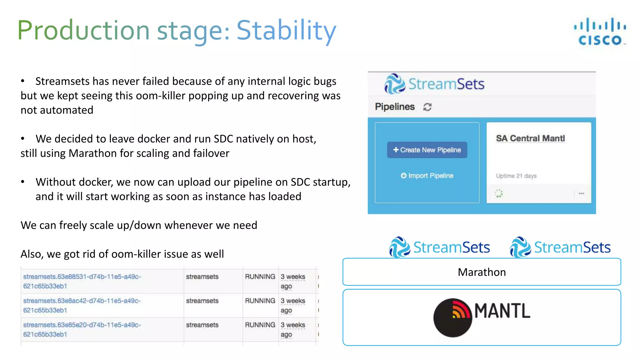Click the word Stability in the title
(286, 30)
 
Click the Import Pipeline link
(427, 176)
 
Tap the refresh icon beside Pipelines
(427, 107)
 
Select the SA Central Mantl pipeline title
(530, 138)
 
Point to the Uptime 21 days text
(516, 176)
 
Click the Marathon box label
(482, 272)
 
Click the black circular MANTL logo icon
(452, 318)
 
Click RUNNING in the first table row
(260, 277)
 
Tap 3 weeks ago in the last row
(292, 329)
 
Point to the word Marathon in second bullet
(92, 153)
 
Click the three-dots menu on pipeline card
(581, 193)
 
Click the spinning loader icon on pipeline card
(499, 193)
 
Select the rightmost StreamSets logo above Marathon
(560, 247)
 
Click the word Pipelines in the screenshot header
(395, 107)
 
